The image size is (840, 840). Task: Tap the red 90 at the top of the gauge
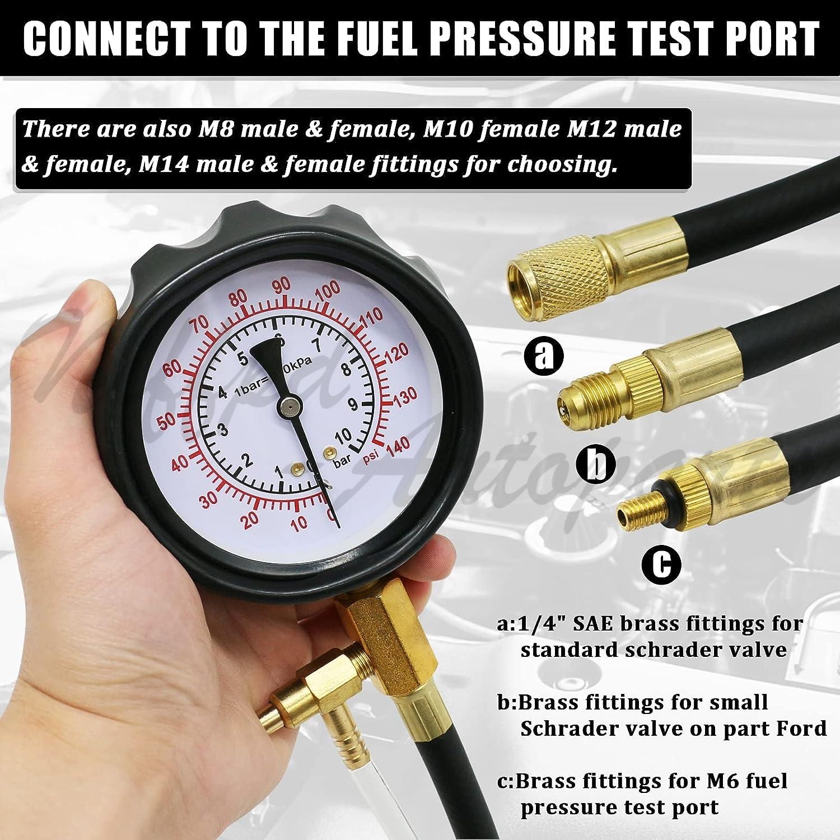(x=282, y=286)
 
